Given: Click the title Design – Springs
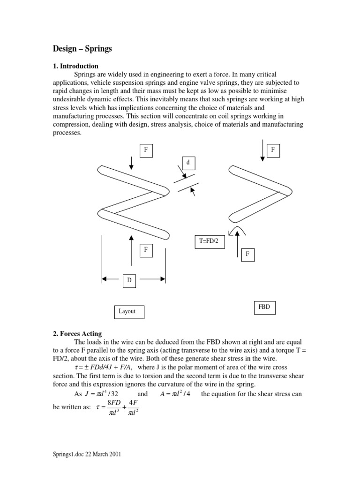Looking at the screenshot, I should [82, 48].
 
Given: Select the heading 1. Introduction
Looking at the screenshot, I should [75, 66].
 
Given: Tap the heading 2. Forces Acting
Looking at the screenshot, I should [77, 334].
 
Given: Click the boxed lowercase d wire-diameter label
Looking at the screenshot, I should [188, 163].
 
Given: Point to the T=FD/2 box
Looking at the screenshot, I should [209, 241].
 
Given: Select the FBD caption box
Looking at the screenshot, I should [264, 307].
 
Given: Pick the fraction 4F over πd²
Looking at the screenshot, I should [134, 406].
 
